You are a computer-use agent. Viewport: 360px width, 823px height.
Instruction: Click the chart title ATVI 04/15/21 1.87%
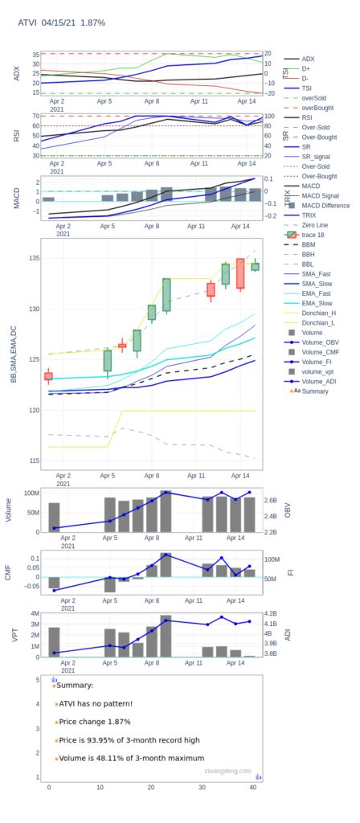61,23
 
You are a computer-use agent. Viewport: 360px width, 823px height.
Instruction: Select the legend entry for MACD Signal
319,195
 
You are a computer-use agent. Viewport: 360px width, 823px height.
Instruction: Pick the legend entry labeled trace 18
313,235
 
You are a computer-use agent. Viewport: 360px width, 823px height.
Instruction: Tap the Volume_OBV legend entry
320,342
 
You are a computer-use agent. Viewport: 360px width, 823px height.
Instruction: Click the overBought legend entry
319,108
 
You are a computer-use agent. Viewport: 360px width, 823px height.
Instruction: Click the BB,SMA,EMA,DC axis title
13,354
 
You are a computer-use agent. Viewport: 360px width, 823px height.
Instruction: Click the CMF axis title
9,571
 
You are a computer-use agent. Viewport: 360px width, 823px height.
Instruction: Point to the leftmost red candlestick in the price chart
49,376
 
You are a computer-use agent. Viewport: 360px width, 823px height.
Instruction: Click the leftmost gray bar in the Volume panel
54,517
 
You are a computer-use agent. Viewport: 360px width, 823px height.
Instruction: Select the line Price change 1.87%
94,722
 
